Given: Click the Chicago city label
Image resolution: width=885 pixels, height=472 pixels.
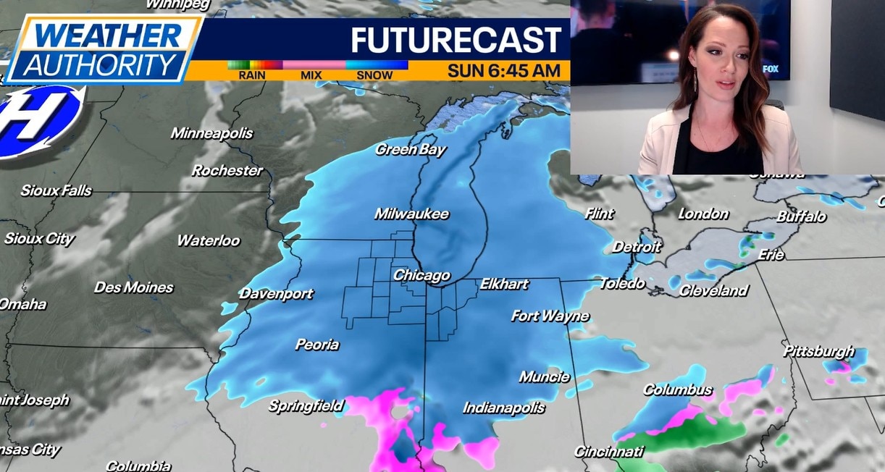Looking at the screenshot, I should pyautogui.click(x=421, y=276).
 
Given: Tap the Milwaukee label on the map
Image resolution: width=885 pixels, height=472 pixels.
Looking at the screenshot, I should pyautogui.click(x=411, y=214).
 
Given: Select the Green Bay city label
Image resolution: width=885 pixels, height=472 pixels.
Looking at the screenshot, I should pyautogui.click(x=411, y=150).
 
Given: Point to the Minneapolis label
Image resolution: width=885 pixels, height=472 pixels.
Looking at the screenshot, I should pyautogui.click(x=211, y=133).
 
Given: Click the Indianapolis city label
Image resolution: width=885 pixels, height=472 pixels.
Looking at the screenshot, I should pyautogui.click(x=504, y=408).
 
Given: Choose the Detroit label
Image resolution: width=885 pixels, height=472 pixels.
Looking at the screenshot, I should pyautogui.click(x=637, y=247).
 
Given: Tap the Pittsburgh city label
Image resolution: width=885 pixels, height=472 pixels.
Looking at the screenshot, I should pyautogui.click(x=819, y=351).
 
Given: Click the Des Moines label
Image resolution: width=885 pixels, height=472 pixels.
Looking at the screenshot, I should pyautogui.click(x=134, y=287).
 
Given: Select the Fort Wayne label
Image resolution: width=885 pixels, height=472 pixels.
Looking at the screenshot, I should pyautogui.click(x=550, y=316).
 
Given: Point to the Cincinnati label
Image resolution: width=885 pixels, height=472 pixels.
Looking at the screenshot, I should pyautogui.click(x=608, y=452).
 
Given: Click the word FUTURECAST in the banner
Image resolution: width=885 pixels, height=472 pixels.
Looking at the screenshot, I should pyautogui.click(x=456, y=41).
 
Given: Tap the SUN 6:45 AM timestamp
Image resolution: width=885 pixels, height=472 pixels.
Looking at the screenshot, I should pyautogui.click(x=503, y=71).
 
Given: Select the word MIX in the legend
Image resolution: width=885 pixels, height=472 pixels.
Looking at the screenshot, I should pyautogui.click(x=313, y=75).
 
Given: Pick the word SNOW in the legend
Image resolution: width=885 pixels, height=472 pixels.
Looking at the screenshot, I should pyautogui.click(x=374, y=75).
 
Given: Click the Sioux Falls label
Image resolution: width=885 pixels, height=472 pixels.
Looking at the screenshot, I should pyautogui.click(x=56, y=191).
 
